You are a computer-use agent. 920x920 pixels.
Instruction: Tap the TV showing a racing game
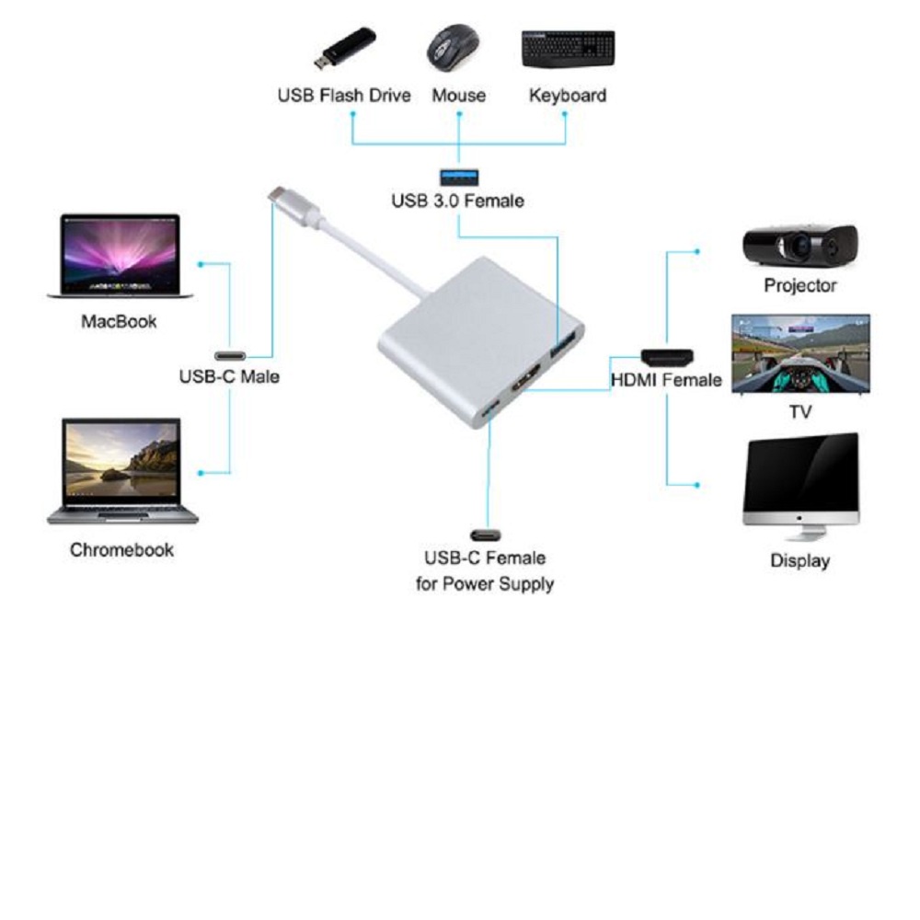coord(800,354)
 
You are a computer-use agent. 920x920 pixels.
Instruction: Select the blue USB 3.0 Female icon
coord(457,175)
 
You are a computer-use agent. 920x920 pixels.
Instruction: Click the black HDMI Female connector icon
coord(668,356)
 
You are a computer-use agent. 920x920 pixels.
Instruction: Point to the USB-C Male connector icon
coord(230,355)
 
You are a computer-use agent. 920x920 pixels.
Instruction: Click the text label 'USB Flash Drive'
coord(344,96)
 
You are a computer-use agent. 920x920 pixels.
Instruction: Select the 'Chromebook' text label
coord(121,550)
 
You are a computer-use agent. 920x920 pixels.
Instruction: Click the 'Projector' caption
coord(799,285)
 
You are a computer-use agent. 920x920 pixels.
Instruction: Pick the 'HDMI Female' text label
coord(666,379)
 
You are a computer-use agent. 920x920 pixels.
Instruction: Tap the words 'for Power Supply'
coord(484,583)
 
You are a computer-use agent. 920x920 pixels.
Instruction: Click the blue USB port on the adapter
coord(564,347)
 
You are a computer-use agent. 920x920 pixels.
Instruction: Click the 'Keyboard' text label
coord(567,96)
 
